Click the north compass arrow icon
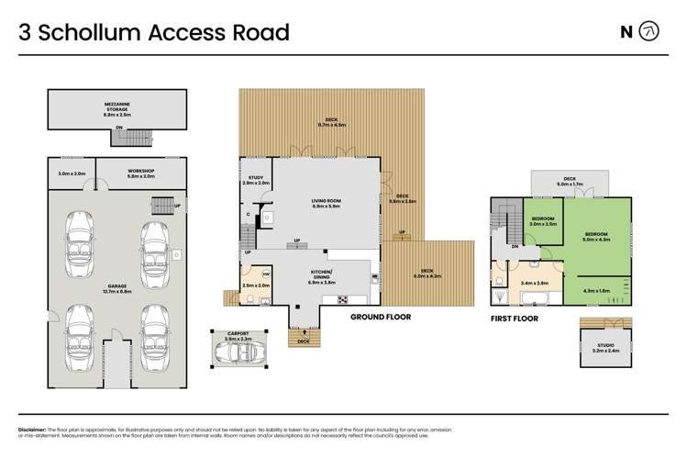click(x=649, y=32)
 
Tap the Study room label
click(x=256, y=181)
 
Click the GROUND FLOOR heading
click(x=380, y=317)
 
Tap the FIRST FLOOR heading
click(x=514, y=318)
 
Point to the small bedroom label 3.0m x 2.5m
click(x=544, y=220)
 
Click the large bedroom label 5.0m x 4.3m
click(x=596, y=236)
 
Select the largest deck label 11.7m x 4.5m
click(x=330, y=122)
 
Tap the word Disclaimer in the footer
click(x=35, y=429)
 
